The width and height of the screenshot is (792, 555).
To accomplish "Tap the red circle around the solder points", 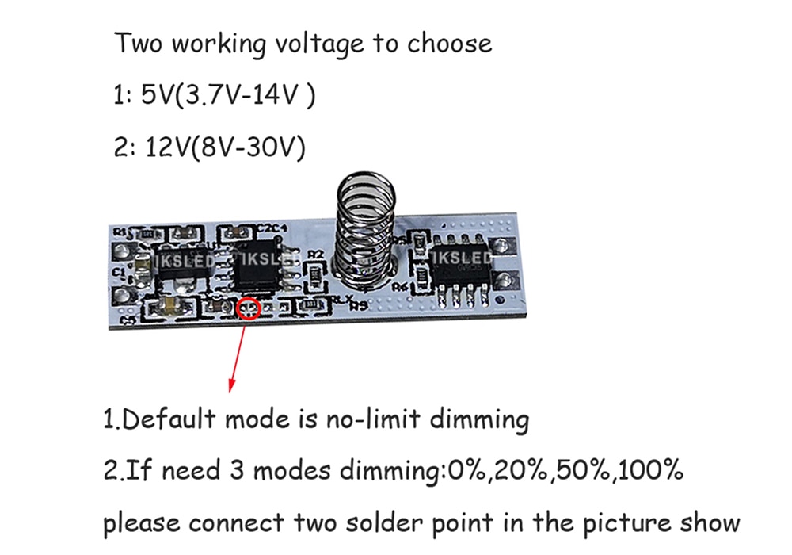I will point(249,308).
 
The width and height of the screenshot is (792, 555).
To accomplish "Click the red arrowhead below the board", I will point(231,384).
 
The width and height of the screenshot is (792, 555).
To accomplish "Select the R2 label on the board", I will point(317,255).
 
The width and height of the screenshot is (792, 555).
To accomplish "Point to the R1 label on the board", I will point(121,232).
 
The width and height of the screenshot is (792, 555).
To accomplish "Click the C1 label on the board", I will point(119,272).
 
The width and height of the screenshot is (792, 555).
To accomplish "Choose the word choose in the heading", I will point(449,43).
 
